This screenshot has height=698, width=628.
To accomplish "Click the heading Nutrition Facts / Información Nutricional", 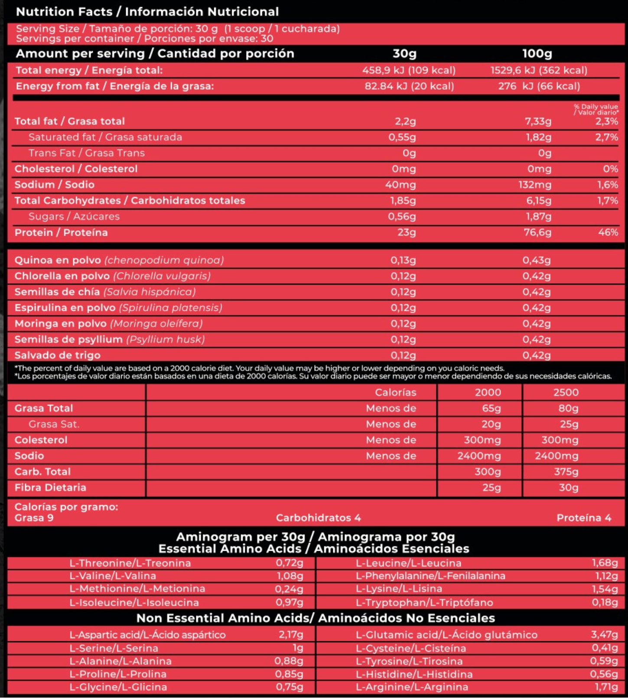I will pyautogui.click(x=147, y=12).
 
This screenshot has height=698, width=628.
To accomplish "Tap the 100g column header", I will pyautogui.click(x=537, y=54).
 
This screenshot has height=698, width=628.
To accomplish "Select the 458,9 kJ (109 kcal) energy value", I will pyautogui.click(x=409, y=70).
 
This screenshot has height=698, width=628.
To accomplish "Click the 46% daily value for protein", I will pyautogui.click(x=608, y=232).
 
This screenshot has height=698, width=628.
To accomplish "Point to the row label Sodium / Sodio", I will pyautogui.click(x=54, y=185).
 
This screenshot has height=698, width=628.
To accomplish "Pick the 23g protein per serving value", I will pyautogui.click(x=407, y=232).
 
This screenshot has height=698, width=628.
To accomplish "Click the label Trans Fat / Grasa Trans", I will pyautogui.click(x=87, y=153).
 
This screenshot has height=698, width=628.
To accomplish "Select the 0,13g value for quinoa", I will pyautogui.click(x=403, y=260).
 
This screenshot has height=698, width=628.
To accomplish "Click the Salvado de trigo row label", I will pyautogui.click(x=58, y=355).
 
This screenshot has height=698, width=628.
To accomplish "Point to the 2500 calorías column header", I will pyautogui.click(x=566, y=393).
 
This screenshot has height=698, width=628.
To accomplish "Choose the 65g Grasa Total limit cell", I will pyautogui.click(x=491, y=408).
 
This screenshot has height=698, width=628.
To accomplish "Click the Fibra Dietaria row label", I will pyautogui.click(x=50, y=487).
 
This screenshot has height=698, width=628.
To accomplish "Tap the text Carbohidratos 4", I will pyautogui.click(x=318, y=518).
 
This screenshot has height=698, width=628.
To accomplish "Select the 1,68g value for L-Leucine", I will pyautogui.click(x=605, y=563).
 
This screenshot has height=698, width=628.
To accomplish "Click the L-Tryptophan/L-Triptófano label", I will pyautogui.click(x=424, y=602).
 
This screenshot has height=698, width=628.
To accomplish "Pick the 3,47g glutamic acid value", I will pyautogui.click(x=604, y=635).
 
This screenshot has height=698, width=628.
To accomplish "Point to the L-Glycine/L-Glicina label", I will pyautogui.click(x=118, y=687).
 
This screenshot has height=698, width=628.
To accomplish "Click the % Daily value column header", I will pyautogui.click(x=596, y=109).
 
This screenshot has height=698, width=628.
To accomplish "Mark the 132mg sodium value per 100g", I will pyautogui.click(x=535, y=185).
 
